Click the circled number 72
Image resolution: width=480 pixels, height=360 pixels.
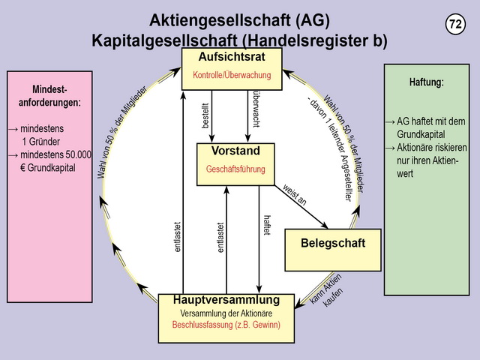455,24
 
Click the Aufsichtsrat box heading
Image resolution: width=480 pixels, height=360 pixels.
232,58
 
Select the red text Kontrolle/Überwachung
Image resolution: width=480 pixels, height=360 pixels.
232,75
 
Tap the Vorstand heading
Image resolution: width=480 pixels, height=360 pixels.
235,151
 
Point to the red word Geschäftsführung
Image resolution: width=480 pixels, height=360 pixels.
235,169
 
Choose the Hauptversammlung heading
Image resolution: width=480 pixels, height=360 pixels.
232,300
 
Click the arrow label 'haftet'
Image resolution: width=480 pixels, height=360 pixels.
266,226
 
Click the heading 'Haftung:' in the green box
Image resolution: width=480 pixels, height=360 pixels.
427,82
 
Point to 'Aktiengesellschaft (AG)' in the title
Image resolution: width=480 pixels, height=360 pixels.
239,20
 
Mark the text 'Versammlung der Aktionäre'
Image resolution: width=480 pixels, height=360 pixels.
232,313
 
